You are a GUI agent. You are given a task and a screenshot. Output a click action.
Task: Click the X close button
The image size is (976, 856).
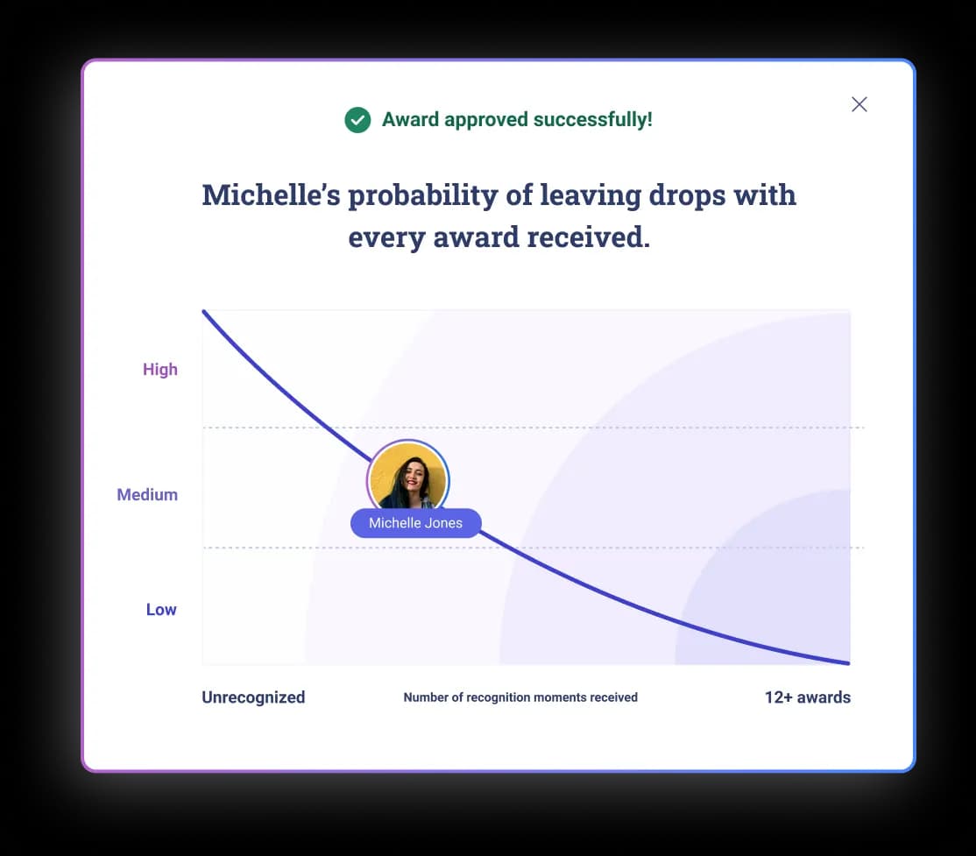click(x=859, y=104)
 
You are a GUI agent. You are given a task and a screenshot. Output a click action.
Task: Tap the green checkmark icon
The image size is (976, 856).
click(x=357, y=120)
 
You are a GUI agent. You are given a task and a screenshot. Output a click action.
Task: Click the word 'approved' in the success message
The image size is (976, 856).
click(x=480, y=120)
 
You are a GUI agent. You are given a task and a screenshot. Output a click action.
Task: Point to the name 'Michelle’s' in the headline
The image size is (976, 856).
click(x=271, y=195)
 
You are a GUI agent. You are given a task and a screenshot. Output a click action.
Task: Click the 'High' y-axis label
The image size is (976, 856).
click(x=160, y=370)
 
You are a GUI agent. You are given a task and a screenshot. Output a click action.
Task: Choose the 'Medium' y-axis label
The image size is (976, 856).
click(x=147, y=495)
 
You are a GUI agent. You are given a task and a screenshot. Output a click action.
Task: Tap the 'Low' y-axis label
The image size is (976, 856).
click(x=161, y=610)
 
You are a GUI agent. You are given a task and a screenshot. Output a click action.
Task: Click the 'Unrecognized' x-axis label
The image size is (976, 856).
click(x=253, y=697)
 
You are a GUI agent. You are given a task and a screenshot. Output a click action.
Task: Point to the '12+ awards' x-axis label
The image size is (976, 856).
click(x=807, y=697)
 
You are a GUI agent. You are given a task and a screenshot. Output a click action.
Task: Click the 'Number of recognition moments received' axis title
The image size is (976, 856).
click(x=520, y=698)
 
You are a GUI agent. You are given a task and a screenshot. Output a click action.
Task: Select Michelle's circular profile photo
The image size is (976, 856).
click(x=407, y=478)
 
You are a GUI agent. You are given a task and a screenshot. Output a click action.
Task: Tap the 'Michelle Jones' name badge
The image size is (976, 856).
click(x=415, y=523)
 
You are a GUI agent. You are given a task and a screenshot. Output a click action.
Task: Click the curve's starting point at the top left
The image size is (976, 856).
click(x=204, y=312)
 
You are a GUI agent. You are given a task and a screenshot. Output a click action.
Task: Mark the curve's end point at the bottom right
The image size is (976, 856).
click(x=848, y=663)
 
